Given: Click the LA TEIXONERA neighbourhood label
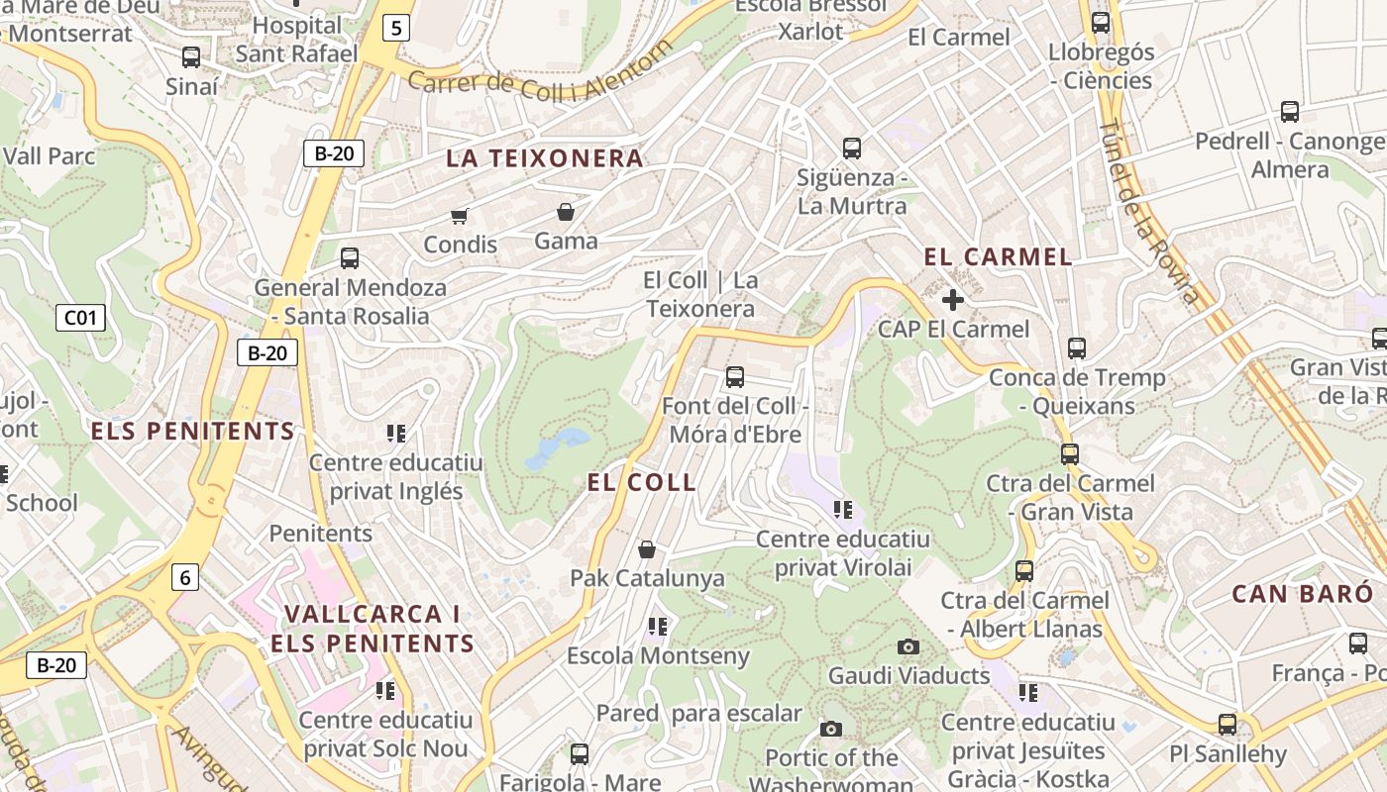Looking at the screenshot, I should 544,158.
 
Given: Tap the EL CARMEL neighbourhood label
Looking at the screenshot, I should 998,257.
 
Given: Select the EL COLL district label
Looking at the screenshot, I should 641,483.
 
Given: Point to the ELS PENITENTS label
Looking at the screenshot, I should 192,432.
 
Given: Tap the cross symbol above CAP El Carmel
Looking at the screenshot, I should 953,299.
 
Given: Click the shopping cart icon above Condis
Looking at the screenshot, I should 459,216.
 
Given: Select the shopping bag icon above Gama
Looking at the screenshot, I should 565,212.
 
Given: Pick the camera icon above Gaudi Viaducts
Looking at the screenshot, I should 907,647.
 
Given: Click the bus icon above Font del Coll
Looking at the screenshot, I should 734,377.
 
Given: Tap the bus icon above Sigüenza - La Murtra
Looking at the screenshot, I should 851,148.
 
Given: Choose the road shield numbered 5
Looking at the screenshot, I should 396,28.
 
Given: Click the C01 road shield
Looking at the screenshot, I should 80,318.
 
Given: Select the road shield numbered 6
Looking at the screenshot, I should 184,577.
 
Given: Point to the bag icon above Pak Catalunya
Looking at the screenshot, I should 647,549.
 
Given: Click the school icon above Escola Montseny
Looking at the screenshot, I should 657,627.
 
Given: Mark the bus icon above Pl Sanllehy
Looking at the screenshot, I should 1227,725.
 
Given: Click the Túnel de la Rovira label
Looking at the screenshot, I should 1148,211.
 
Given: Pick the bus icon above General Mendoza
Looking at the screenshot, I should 349,258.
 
